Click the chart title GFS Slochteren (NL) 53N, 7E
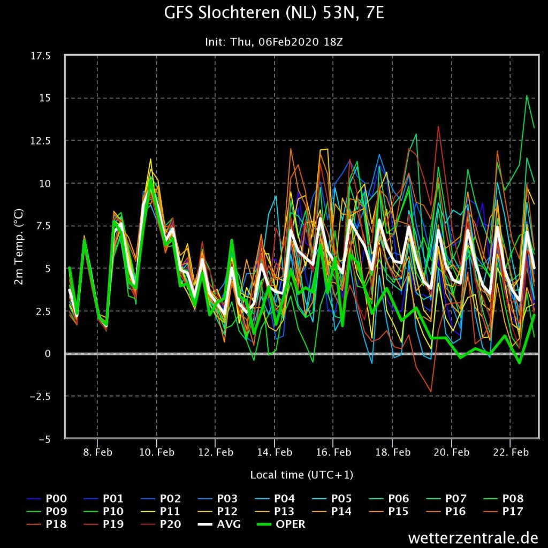[x=274, y=13]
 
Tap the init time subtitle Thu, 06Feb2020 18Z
[x=286, y=42]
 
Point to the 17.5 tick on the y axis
[x=41, y=56]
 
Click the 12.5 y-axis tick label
[x=41, y=141]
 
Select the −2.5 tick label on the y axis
[x=40, y=397]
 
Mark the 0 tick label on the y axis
[x=48, y=354]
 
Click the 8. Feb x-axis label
[x=97, y=452]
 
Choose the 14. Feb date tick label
[x=275, y=452]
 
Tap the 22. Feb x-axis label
[x=511, y=452]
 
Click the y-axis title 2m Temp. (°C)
[x=19, y=247]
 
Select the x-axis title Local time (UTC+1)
[x=302, y=475]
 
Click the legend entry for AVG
[x=219, y=524]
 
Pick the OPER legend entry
[x=281, y=524]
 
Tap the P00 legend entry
[x=47, y=499]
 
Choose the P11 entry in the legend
[x=161, y=511]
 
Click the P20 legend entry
[x=161, y=524]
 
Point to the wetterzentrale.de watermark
[x=473, y=537]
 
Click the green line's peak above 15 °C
[x=527, y=95]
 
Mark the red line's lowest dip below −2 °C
[x=431, y=392]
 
